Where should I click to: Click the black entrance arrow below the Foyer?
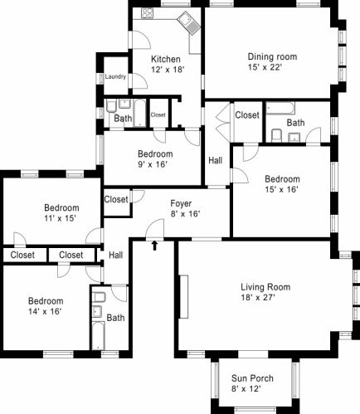(x=154, y=246)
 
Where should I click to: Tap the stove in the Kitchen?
(x=147, y=13)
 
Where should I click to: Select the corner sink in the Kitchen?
(x=189, y=23)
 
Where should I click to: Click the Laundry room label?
(x=115, y=76)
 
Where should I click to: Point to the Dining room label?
(x=272, y=56)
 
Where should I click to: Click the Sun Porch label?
(x=252, y=378)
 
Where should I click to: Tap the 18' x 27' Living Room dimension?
(x=258, y=298)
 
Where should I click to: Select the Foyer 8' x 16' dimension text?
(x=186, y=214)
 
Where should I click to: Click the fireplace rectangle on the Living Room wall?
(x=184, y=296)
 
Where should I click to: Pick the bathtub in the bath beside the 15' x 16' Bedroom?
(x=280, y=108)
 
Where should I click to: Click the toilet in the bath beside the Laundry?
(x=111, y=107)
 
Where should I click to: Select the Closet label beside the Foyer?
(x=116, y=199)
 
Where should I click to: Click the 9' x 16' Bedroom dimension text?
(x=153, y=164)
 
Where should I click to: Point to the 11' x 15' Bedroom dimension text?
(x=60, y=218)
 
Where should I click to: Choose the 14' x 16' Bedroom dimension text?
(x=45, y=312)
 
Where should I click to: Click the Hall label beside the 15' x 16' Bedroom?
(x=216, y=160)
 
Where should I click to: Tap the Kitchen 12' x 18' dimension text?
(x=168, y=70)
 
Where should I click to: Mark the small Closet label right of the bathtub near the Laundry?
(x=158, y=114)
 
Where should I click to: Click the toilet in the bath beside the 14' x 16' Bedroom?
(x=99, y=298)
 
